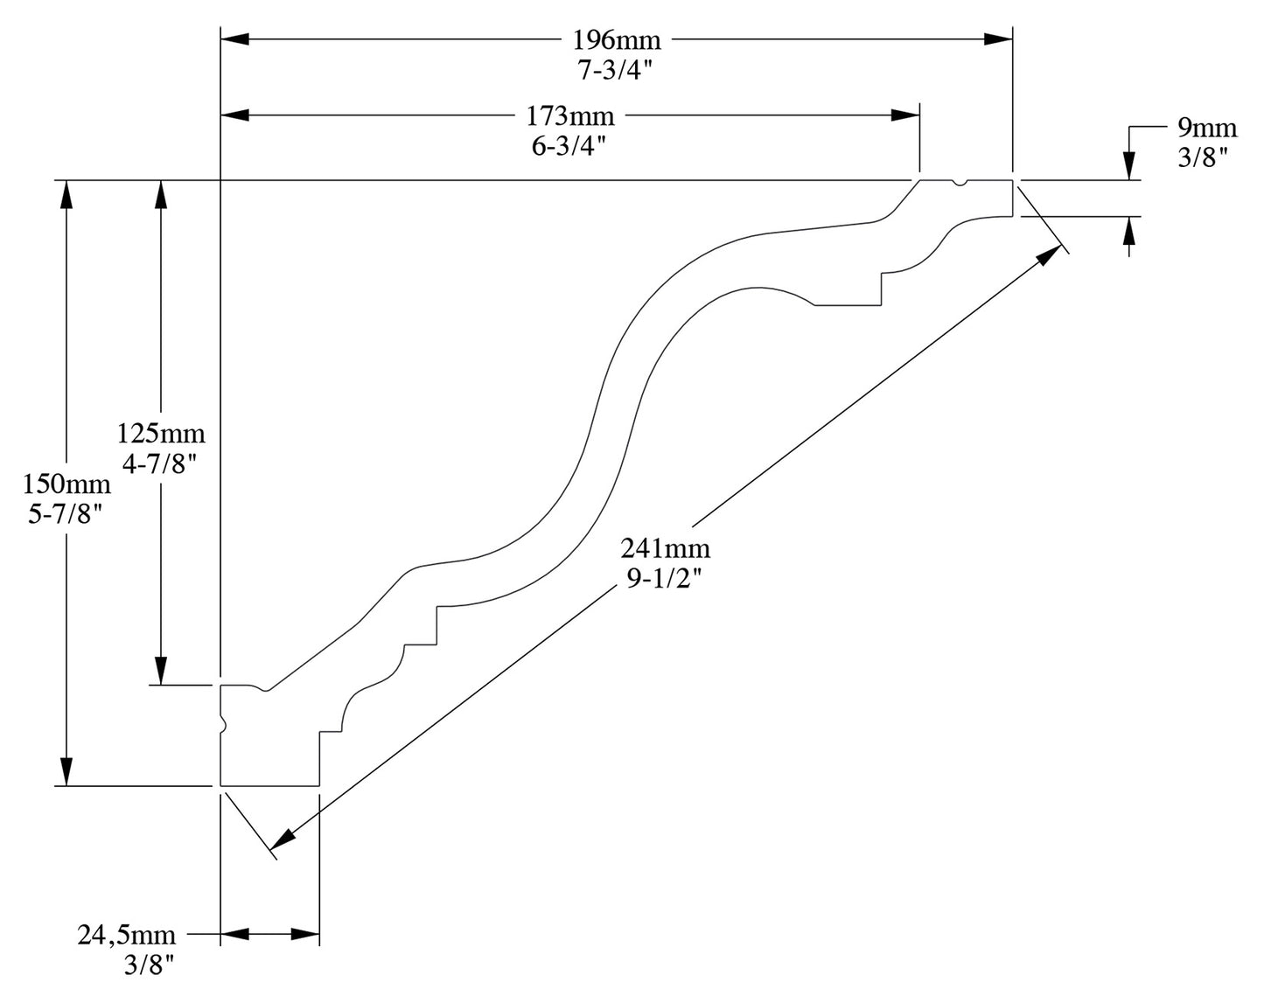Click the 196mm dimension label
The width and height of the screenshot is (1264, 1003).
(x=617, y=40)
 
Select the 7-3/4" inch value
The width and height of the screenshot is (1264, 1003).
(x=617, y=72)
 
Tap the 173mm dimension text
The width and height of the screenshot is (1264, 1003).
(x=570, y=115)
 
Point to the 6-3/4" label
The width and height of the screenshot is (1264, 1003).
(x=570, y=146)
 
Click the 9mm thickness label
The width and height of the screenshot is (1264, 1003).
(x=1207, y=129)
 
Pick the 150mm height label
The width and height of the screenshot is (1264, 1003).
(x=67, y=483)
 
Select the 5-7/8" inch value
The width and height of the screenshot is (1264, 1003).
(x=67, y=514)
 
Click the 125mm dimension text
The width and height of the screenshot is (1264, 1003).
(x=161, y=433)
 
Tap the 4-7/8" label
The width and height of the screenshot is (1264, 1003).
(x=161, y=464)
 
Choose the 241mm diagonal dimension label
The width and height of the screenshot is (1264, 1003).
(x=666, y=549)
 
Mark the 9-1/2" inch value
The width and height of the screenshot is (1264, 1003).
(x=666, y=580)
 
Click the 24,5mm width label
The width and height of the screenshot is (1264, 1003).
(x=127, y=935)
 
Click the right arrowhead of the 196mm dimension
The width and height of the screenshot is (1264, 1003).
(x=998, y=39)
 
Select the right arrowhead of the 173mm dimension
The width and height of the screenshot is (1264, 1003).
(x=905, y=115)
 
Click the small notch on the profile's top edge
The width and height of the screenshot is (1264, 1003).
(x=960, y=184)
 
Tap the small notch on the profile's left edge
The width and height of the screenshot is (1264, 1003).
(x=223, y=725)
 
